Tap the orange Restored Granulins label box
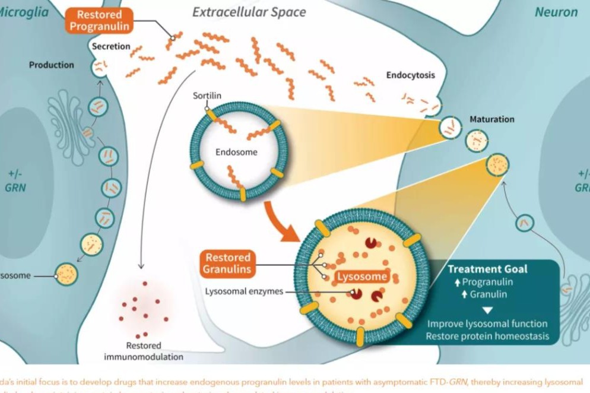point(229,264)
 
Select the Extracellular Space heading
point(249,12)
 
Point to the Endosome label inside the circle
point(236,152)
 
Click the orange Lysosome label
point(363,277)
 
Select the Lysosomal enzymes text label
point(244,291)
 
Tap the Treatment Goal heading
point(487,269)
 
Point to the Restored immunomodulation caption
point(144,351)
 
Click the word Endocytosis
point(411,75)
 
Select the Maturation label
point(492,119)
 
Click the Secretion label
point(111,46)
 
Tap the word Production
point(52,65)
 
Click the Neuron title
point(556,12)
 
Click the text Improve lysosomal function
point(487,324)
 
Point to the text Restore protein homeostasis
point(487,337)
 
